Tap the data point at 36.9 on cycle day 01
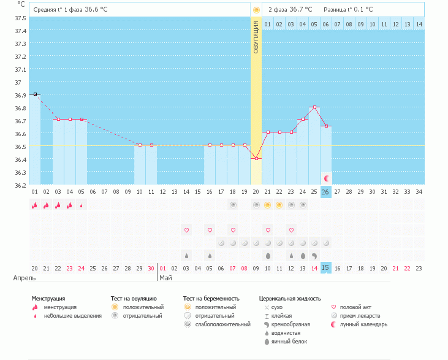click(35, 94)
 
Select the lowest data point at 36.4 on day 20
click(256, 158)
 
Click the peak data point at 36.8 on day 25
click(314, 107)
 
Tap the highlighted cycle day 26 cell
click(326, 191)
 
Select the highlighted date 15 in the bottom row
click(326, 268)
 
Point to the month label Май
click(165, 278)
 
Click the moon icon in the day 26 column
click(326, 178)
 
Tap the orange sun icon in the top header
click(256, 10)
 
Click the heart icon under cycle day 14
click(186, 230)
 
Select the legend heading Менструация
click(48, 299)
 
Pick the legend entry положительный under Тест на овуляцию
click(143, 307)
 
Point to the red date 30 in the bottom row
click(151, 268)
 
